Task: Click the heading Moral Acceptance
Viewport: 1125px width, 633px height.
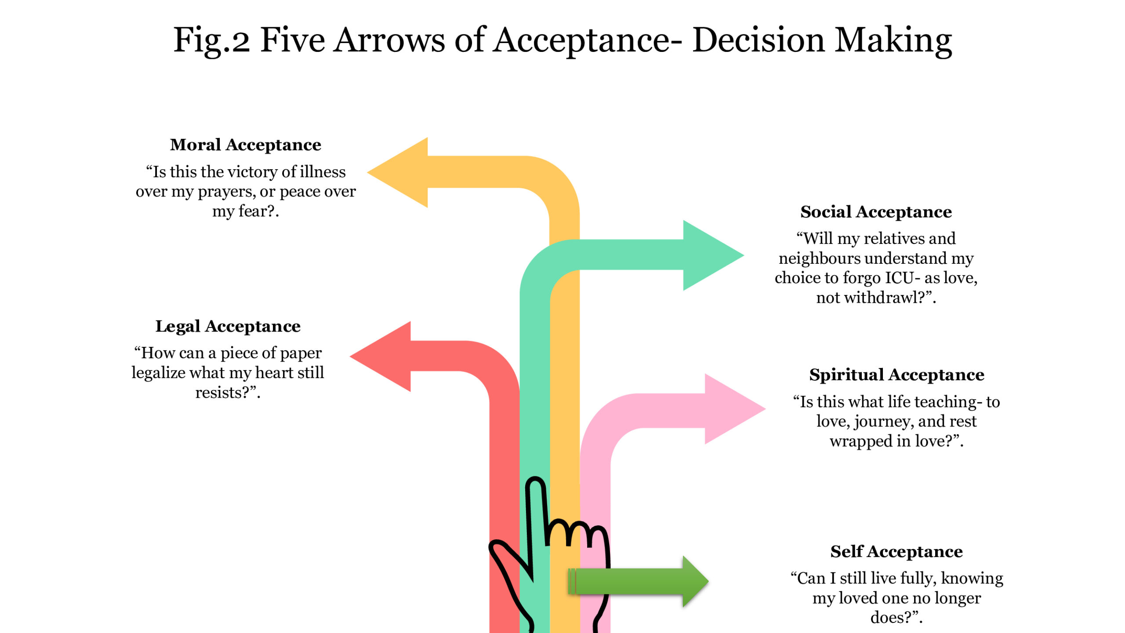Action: (245, 145)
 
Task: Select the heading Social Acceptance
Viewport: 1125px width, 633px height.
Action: (875, 212)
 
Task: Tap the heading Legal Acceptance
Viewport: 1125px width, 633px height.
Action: (228, 327)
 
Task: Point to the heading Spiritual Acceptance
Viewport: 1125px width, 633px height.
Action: (896, 375)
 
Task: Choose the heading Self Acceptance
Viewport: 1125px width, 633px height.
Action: (896, 552)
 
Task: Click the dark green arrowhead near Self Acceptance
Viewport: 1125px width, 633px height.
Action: (694, 581)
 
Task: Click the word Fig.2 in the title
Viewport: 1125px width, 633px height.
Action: (211, 40)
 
